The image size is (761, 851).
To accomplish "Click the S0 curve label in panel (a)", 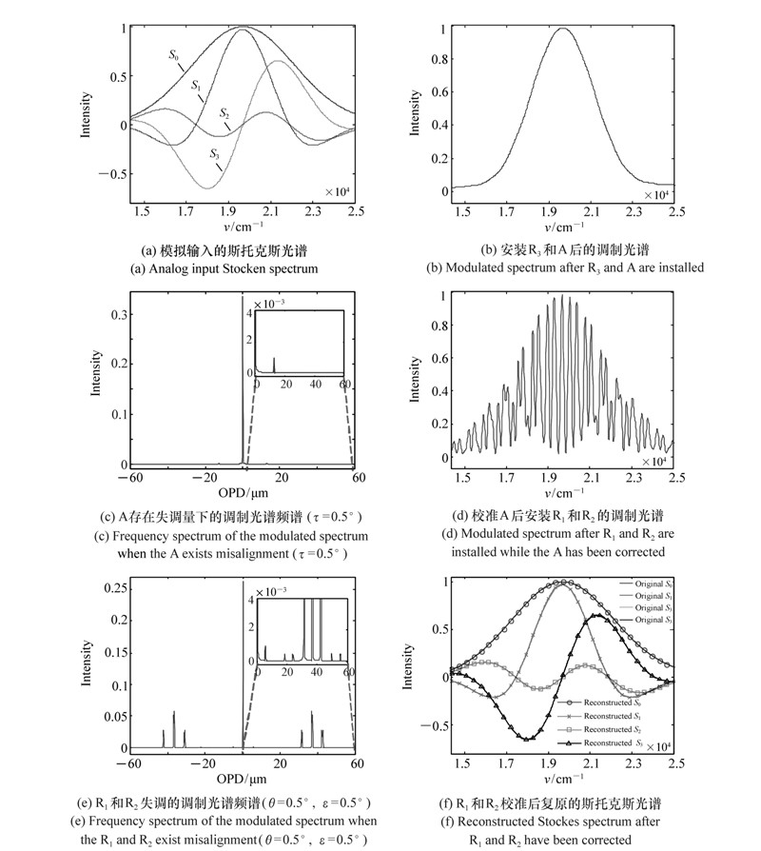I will pyautogui.click(x=175, y=55).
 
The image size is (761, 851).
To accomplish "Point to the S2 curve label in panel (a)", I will pyautogui.click(x=224, y=113).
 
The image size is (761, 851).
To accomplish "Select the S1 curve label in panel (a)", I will pyautogui.click(x=196, y=87).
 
